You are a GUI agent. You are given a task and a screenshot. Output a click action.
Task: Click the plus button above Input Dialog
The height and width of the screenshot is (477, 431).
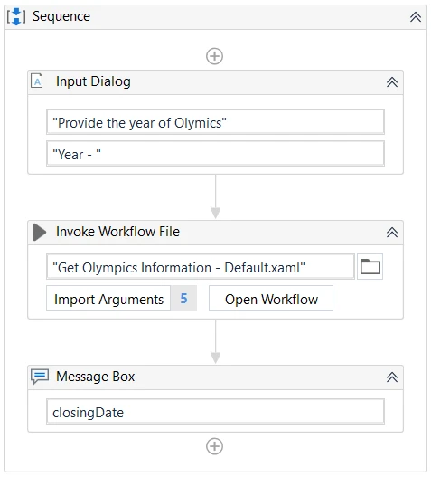(x=214, y=56)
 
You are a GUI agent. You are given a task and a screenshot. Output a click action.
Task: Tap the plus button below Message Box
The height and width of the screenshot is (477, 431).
(x=214, y=446)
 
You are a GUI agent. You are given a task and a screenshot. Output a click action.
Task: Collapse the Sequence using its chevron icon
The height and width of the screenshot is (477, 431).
(x=416, y=16)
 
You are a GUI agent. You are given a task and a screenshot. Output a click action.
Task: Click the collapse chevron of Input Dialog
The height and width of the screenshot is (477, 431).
(x=392, y=81)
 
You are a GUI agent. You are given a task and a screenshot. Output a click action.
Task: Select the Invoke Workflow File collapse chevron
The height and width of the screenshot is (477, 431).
(x=392, y=232)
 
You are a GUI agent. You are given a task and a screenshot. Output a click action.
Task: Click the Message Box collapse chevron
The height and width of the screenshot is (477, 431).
(x=392, y=377)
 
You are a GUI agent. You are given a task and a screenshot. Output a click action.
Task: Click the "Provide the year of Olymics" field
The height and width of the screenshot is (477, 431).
(x=215, y=122)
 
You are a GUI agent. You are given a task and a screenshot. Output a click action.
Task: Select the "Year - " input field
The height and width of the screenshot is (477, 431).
(x=215, y=153)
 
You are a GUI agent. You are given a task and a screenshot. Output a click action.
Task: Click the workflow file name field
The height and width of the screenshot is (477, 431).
(x=201, y=267)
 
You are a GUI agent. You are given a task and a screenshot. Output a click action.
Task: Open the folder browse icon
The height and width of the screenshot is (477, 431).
(x=370, y=267)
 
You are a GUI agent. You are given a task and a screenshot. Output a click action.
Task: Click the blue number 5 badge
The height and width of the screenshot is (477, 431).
(x=183, y=299)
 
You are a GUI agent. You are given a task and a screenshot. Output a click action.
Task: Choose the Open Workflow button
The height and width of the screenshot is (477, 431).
(x=271, y=299)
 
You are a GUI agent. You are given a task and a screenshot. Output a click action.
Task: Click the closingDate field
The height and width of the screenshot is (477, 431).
(x=215, y=412)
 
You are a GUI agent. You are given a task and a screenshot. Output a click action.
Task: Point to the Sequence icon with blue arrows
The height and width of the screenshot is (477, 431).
(x=16, y=16)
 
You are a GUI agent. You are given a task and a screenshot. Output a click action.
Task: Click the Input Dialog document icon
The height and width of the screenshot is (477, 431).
(x=37, y=81)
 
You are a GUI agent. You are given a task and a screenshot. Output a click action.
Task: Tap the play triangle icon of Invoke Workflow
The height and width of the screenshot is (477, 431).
(x=39, y=232)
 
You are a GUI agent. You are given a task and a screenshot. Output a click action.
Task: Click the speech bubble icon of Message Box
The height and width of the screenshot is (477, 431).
(x=40, y=377)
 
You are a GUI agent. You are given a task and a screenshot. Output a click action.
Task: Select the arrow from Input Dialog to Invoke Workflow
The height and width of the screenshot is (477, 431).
(x=215, y=196)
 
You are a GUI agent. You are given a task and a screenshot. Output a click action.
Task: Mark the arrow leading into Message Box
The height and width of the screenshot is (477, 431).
(x=215, y=341)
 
